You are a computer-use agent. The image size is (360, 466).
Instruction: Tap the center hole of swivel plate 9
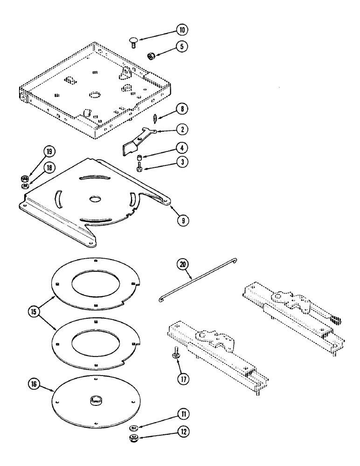[96, 198]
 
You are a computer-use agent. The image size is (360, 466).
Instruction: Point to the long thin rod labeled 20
[198, 280]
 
